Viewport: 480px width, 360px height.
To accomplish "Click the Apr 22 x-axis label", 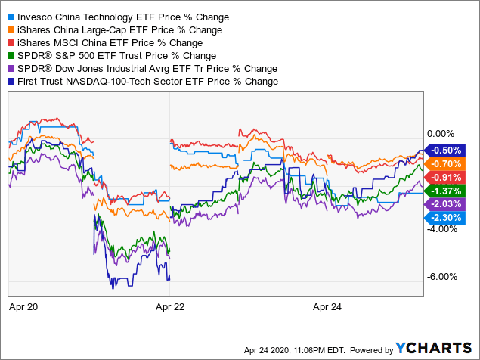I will pos(170,307).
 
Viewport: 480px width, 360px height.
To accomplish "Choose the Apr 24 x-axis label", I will pos(327,307).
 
